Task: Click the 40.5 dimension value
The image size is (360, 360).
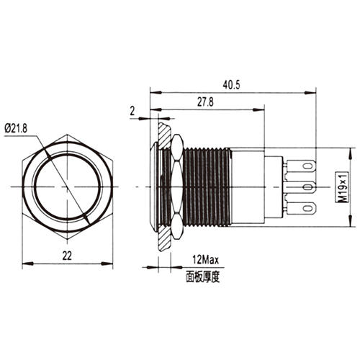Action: point(231,85)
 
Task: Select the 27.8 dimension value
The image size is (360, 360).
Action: point(205,102)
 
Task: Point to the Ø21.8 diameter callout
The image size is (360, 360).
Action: point(16,129)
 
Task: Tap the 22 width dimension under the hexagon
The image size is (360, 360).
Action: point(67,256)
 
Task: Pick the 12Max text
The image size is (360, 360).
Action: point(205,260)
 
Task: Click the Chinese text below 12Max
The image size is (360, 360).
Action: point(203,276)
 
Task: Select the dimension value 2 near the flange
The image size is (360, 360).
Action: point(132,111)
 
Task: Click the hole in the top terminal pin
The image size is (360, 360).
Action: point(308,166)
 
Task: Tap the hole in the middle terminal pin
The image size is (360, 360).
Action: point(308,187)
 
